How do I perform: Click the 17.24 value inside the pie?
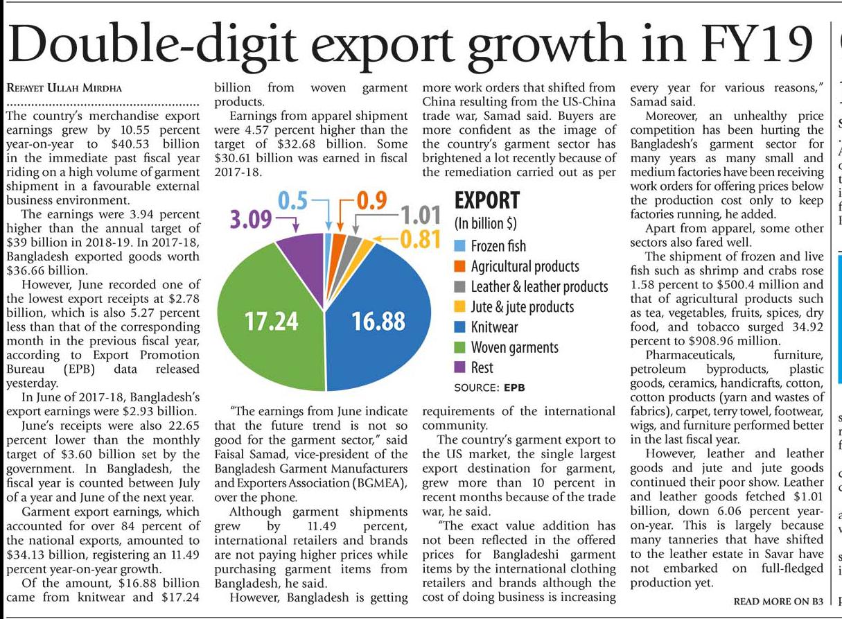pyautogui.click(x=272, y=322)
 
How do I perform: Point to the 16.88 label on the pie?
pyautogui.click(x=378, y=322)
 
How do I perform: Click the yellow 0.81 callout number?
pyautogui.click(x=422, y=239)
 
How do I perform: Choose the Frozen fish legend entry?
pyautogui.click(x=498, y=246)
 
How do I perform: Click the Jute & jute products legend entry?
pyautogui.click(x=522, y=307)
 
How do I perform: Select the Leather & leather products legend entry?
pyautogui.click(x=538, y=287)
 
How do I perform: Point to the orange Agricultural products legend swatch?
pyautogui.click(x=459, y=267)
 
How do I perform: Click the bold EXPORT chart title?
pyautogui.click(x=486, y=200)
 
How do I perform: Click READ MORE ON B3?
pyautogui.click(x=778, y=601)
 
